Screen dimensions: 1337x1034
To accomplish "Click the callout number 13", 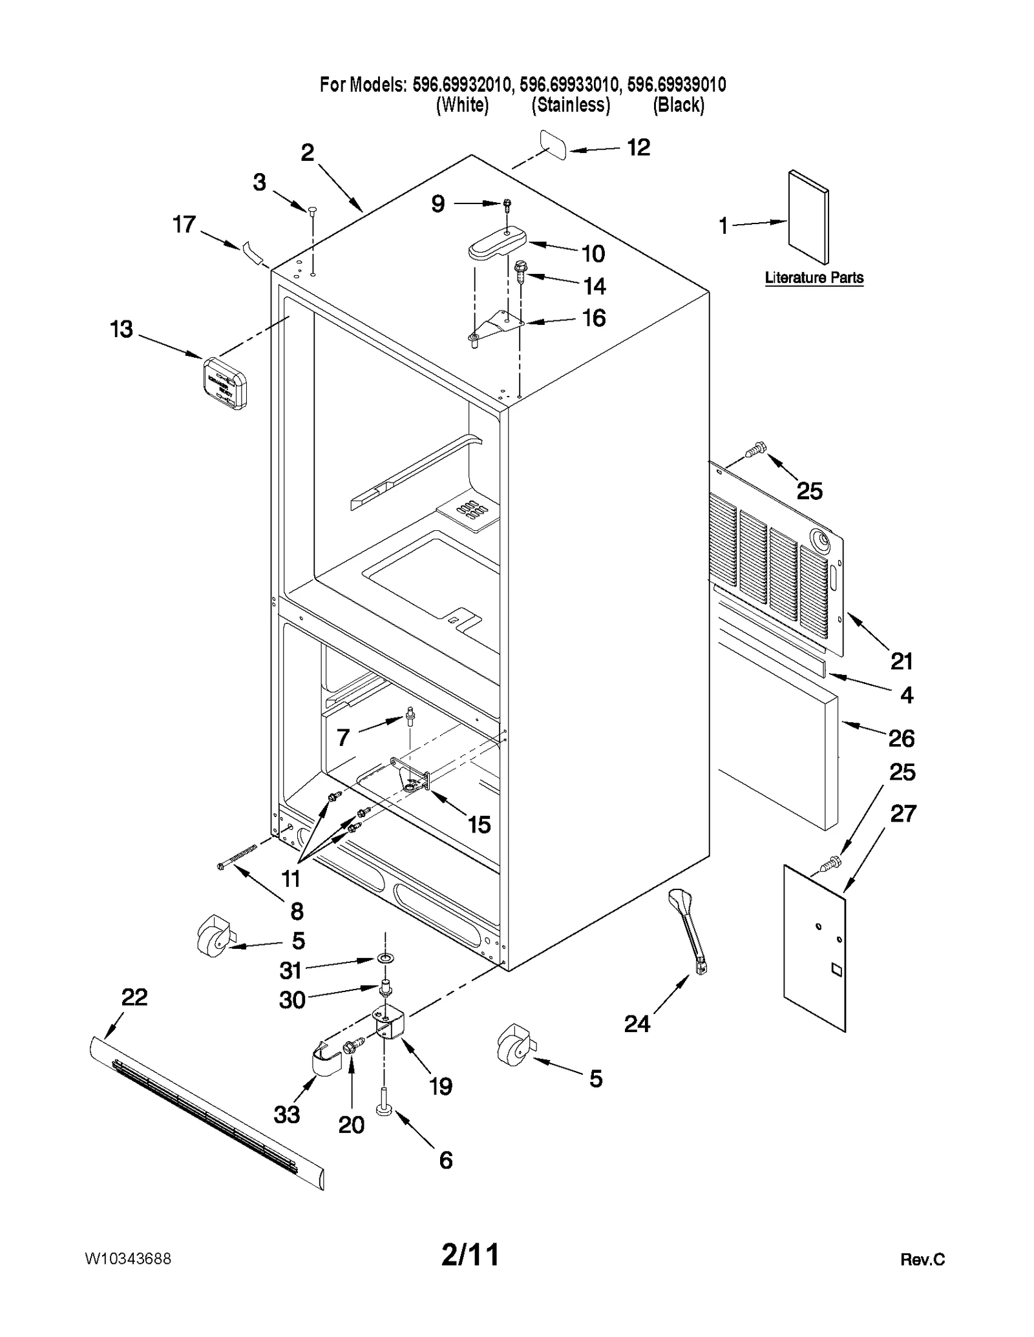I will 121,329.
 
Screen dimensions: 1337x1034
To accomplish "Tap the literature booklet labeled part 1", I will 808,217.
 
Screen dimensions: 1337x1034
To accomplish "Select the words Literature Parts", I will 814,278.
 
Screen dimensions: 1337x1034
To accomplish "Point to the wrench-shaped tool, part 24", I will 688,930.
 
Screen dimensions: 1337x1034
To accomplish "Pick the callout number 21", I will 902,661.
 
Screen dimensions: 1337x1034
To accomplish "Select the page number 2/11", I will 470,1255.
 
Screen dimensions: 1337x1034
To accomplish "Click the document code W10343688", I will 128,1259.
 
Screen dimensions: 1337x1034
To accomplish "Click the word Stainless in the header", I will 571,105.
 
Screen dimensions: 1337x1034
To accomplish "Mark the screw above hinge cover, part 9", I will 507,205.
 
